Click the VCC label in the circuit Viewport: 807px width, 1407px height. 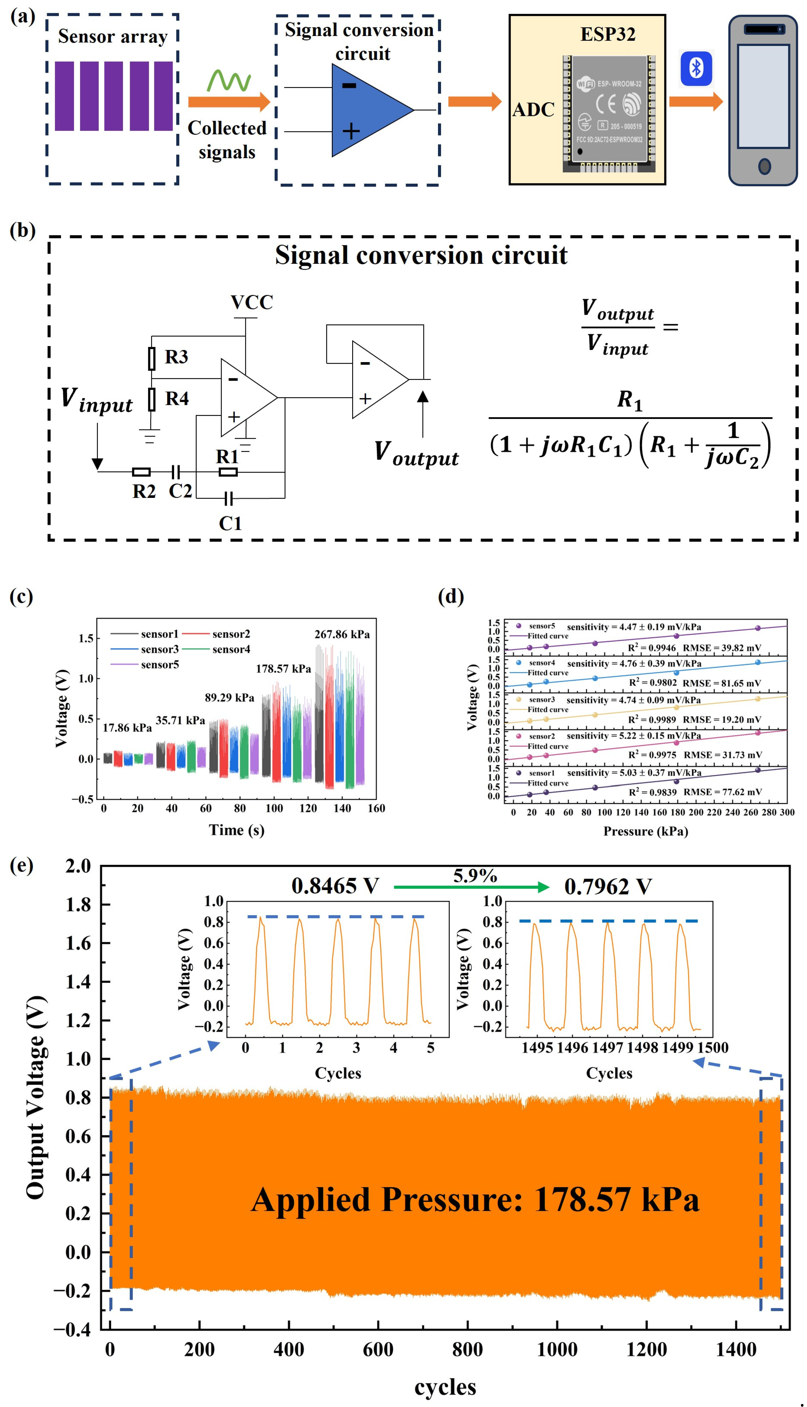coord(252,303)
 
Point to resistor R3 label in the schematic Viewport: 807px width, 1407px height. coord(176,357)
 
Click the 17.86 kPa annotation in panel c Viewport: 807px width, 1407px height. coord(127,728)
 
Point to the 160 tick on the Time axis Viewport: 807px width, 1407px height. coord(376,809)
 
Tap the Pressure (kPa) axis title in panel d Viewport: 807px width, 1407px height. coord(646,831)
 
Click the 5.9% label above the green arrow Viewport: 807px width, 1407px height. coord(475,876)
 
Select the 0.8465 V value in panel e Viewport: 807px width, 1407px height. coord(335,886)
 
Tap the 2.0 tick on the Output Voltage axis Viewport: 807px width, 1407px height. coord(78,866)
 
